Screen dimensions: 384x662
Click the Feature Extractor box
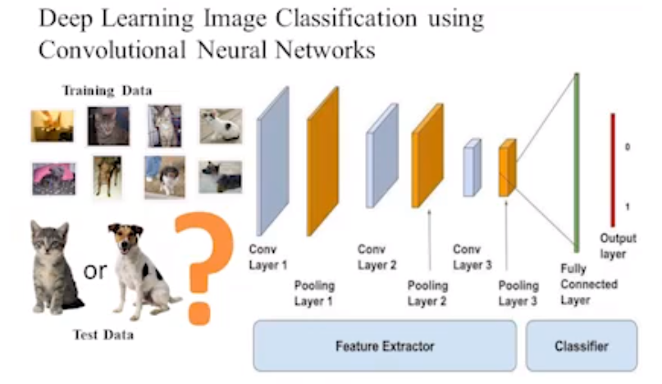click(x=384, y=345)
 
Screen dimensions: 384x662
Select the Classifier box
click(x=581, y=345)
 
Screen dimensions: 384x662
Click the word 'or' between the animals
click(x=95, y=270)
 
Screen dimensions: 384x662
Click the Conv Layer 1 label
click(x=267, y=257)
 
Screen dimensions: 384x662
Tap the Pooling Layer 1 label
click(x=314, y=293)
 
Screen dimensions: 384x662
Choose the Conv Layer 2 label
click(x=377, y=257)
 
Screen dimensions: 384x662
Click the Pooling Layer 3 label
click(x=518, y=293)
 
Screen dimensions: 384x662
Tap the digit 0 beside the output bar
click(x=628, y=148)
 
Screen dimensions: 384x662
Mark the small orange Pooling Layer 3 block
click(x=508, y=167)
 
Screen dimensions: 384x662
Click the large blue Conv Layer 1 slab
click(x=272, y=161)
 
